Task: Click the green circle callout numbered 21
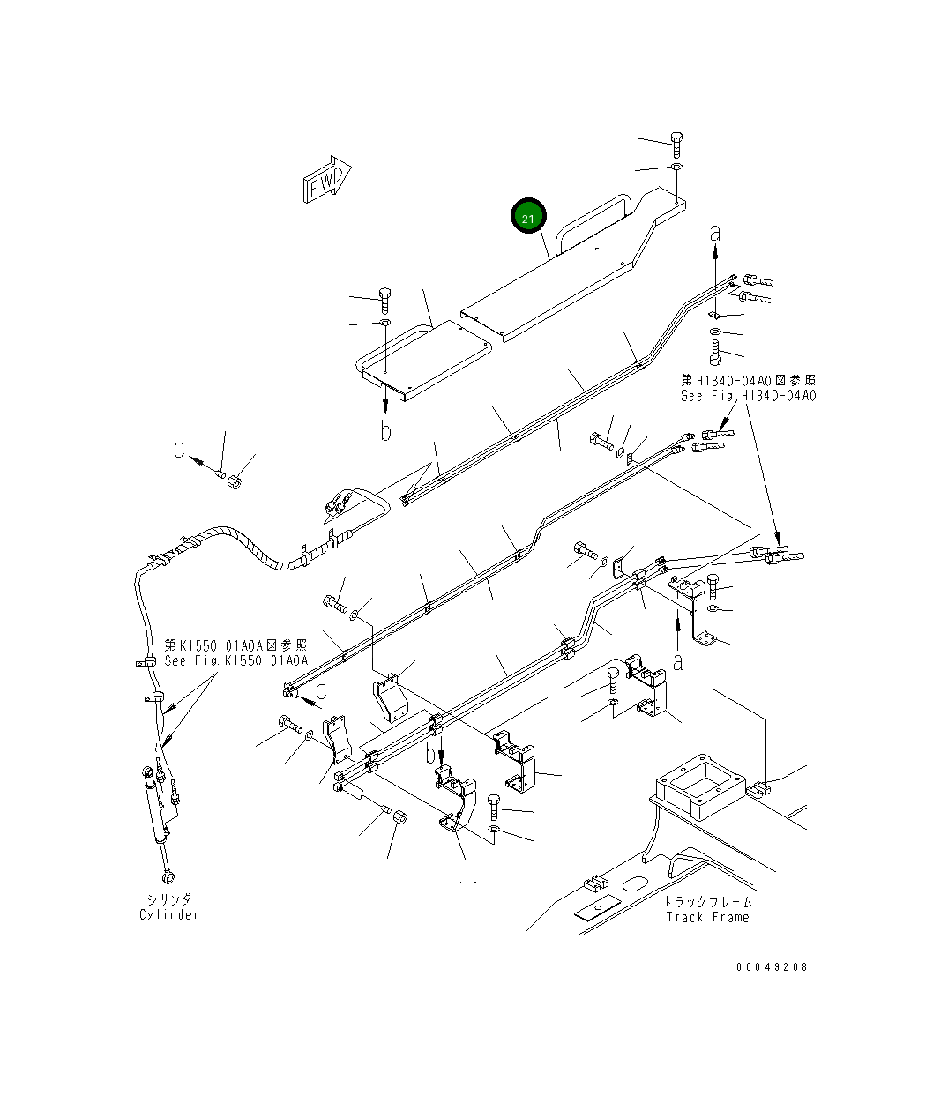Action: tap(528, 217)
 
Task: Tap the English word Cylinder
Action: tap(169, 914)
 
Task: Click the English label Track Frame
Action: tap(707, 917)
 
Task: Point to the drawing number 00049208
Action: tap(772, 966)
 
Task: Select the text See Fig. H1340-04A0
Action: tap(748, 396)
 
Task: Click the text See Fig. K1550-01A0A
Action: tap(235, 660)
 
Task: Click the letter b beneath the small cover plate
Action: tap(384, 431)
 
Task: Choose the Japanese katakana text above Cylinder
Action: tap(169, 898)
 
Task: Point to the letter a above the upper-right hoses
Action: tap(715, 233)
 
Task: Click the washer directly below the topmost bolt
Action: tap(676, 167)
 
